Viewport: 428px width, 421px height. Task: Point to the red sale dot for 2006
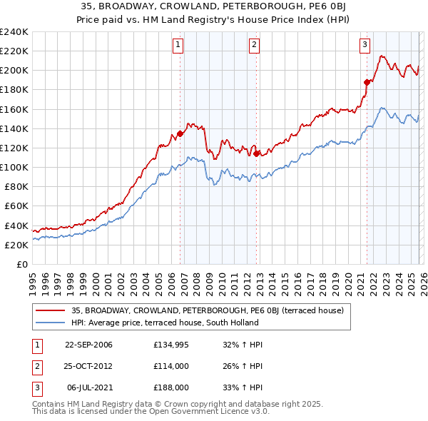[180, 133]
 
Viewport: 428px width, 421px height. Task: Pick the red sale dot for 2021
[367, 82]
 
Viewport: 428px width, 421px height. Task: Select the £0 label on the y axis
[21, 264]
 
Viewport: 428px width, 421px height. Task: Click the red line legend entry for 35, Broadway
[208, 310]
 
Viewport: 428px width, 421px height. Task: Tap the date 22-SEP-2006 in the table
[88, 345]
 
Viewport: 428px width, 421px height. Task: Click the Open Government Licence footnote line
[151, 412]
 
